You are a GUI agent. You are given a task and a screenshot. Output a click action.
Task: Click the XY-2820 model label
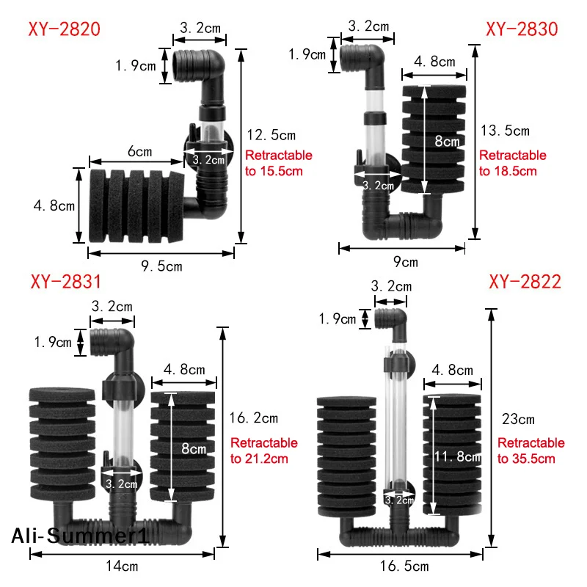(x=64, y=30)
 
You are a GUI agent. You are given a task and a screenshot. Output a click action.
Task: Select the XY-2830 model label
(x=522, y=30)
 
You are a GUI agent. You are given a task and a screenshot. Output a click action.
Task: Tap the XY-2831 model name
(x=65, y=282)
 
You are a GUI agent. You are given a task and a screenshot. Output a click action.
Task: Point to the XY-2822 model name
(x=525, y=282)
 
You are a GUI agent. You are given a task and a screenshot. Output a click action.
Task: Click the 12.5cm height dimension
(x=270, y=135)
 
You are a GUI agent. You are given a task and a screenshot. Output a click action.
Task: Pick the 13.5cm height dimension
(x=504, y=131)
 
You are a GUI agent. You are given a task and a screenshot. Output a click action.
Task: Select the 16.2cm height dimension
(x=254, y=418)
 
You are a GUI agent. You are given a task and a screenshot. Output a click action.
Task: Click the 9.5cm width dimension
(x=161, y=266)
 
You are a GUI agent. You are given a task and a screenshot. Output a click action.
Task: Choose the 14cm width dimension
(x=123, y=566)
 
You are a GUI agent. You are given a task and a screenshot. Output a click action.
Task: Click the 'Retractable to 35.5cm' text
(x=531, y=451)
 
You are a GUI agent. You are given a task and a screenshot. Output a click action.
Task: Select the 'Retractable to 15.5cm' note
(x=278, y=163)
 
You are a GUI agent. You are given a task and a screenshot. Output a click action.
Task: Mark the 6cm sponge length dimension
(x=140, y=152)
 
